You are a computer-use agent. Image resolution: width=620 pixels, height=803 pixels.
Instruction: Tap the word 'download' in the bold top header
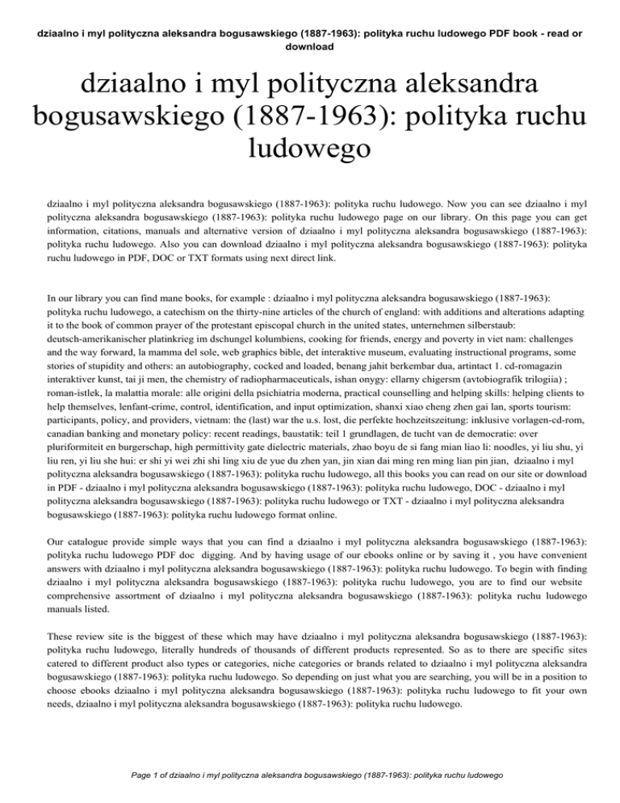[310, 47]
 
